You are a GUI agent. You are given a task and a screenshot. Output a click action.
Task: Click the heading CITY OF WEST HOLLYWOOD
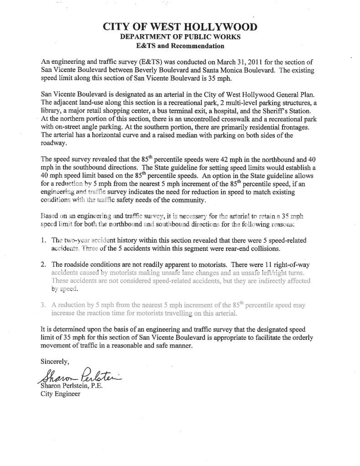180,27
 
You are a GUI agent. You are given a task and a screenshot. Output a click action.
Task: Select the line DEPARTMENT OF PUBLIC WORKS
180,37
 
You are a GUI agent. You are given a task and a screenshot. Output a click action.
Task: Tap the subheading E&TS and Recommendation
180,46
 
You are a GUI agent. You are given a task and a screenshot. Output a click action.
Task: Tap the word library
51,111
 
